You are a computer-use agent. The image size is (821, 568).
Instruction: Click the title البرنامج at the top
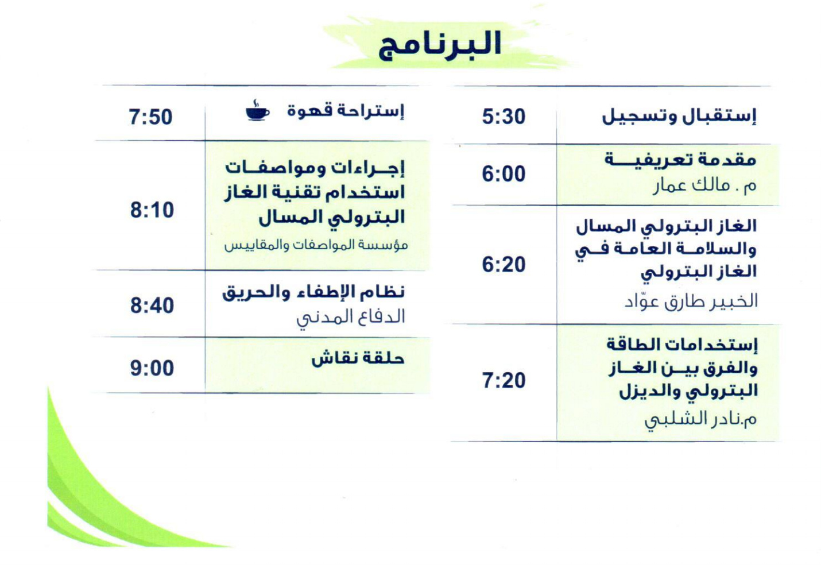pos(440,45)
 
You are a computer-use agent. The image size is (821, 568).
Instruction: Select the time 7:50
pos(150,117)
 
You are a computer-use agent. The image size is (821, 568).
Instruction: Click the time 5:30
pos(504,116)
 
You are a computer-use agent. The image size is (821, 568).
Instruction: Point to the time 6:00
pos(504,174)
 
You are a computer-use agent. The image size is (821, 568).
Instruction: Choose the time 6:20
pos(504,264)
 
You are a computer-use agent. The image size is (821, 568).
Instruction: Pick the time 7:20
pos(504,380)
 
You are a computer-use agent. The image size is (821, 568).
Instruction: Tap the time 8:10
pos(152,210)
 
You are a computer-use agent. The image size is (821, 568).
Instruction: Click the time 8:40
pos(152,306)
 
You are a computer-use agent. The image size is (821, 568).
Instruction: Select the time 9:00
pos(152,368)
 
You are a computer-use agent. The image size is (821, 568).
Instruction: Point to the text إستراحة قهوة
pos(346,111)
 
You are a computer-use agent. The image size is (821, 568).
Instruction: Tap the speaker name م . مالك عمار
pos(704,186)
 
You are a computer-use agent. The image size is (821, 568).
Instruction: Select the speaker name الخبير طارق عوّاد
pos(691,302)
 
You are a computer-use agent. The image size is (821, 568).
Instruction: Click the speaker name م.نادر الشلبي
pos(701,420)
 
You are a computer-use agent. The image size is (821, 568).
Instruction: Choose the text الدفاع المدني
pos(351,318)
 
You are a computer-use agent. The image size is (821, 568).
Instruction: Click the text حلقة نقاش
pos(358,358)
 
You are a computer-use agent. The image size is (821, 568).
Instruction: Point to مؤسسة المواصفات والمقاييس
pos(316,245)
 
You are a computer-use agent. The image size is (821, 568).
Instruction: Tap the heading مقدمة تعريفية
pos(680,160)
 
